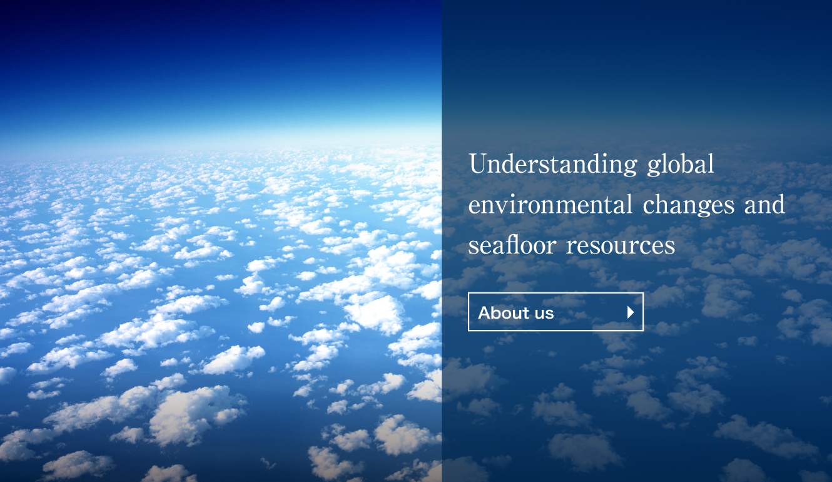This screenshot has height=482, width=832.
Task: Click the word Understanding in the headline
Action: pyautogui.click(x=553, y=164)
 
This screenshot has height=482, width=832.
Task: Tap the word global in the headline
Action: pyautogui.click(x=681, y=164)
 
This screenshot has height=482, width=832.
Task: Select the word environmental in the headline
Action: pyautogui.click(x=550, y=205)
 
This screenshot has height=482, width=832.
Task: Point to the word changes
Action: pyautogui.click(x=689, y=205)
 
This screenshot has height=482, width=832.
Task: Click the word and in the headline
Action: pyautogui.click(x=765, y=205)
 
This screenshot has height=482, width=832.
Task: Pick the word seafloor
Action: pyautogui.click(x=512, y=245)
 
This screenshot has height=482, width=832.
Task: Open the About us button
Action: pyautogui.click(x=556, y=312)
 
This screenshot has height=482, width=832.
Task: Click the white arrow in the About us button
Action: pyautogui.click(x=631, y=312)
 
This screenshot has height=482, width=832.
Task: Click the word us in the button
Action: pyautogui.click(x=544, y=314)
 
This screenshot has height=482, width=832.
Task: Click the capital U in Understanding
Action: pyautogui.click(x=478, y=163)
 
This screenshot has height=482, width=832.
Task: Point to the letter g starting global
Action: pyautogui.click(x=653, y=168)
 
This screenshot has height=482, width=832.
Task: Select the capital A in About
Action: pyautogui.click(x=485, y=313)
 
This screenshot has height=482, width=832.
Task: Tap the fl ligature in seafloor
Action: pyautogui.click(x=514, y=244)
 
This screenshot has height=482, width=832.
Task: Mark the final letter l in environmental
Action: pyautogui.click(x=629, y=205)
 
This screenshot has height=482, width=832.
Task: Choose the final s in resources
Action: pyautogui.click(x=670, y=247)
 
